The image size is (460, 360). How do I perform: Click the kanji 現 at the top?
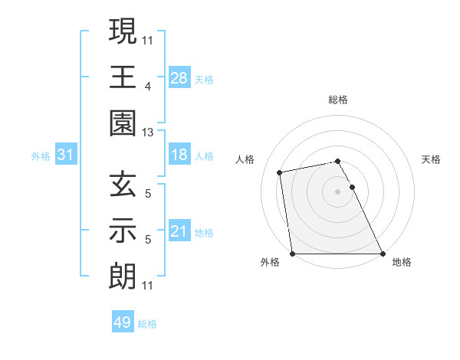[123, 33]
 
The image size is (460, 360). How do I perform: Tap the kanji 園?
[123, 122]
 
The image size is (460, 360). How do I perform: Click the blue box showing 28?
[179, 78]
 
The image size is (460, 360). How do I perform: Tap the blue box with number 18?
[179, 155]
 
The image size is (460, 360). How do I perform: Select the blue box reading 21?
[179, 231]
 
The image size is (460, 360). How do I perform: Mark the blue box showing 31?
[66, 155]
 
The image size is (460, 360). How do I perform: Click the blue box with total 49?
[123, 322]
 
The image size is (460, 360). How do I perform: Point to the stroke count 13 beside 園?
[148, 133]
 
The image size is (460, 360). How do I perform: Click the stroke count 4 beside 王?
[147, 87]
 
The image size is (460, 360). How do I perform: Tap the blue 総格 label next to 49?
[147, 324]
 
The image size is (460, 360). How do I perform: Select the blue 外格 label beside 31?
[41, 156]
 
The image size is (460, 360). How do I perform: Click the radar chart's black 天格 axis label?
[431, 159]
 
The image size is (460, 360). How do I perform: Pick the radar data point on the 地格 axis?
[383, 254]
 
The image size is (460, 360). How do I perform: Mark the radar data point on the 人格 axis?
[281, 172]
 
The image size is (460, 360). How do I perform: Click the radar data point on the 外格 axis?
[292, 254]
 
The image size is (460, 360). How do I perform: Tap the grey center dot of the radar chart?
[337, 191]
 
